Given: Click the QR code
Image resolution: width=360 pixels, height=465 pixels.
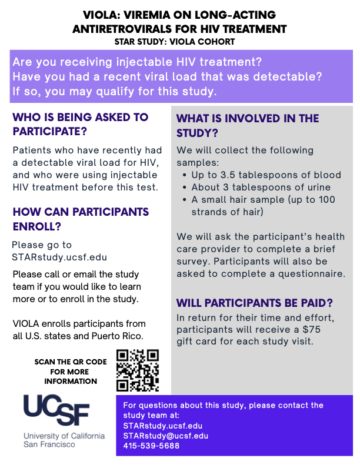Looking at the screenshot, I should (138, 370).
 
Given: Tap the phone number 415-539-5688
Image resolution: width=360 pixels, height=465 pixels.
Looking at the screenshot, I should (151, 446).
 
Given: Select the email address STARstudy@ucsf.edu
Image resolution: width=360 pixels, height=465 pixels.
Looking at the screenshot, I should (165, 436).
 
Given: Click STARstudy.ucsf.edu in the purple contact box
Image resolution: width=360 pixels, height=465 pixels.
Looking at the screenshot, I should (162, 426).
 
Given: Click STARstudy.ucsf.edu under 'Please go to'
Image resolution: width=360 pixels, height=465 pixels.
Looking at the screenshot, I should (59, 257).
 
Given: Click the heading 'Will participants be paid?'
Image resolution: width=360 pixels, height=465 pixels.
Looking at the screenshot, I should (255, 303).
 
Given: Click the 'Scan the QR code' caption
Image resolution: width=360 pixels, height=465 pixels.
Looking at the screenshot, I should (71, 372).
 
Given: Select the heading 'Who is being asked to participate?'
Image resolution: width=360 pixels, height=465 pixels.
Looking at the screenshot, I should (81, 123).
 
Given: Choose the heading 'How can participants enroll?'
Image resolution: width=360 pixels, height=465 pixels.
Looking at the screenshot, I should (81, 219).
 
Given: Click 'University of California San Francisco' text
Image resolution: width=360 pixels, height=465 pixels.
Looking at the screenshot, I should (64, 440).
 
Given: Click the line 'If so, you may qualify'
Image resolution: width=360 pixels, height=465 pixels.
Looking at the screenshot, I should (115, 92).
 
